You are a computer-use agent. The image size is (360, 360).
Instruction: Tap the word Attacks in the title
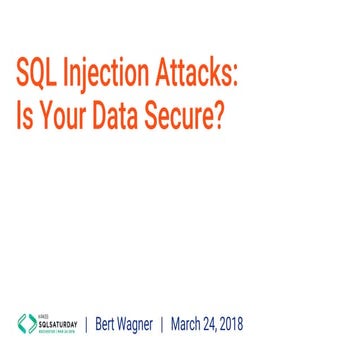coord(197,74)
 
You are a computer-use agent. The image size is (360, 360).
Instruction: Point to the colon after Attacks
coord(240,78)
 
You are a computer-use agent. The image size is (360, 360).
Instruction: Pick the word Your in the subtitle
coord(61,118)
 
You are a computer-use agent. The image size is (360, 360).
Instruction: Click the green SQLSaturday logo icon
coord(26,325)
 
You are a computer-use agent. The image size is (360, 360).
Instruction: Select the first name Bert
coord(110,325)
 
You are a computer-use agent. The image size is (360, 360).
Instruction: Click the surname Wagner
coord(147,326)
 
